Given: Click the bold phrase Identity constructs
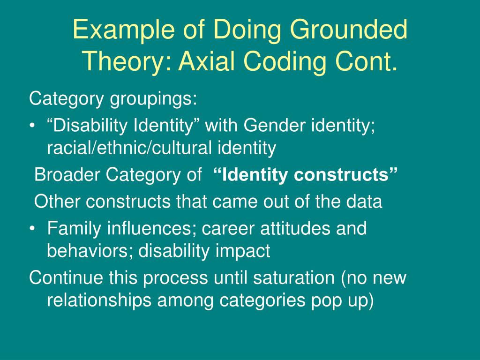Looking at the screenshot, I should (306, 175).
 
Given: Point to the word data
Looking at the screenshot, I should (364, 202).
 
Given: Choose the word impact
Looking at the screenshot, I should (243, 251).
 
